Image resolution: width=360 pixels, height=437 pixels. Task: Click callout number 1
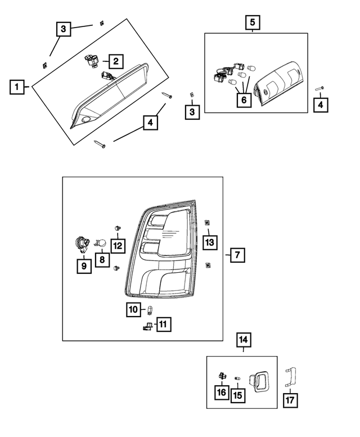coord(18,87)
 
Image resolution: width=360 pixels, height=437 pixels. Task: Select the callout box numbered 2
coord(116,61)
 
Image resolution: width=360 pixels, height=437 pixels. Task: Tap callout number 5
coord(252,22)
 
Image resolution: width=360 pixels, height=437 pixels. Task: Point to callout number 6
coord(244,100)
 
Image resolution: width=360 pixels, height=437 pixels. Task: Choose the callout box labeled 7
coord(237,255)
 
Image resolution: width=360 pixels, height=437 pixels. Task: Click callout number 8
coord(102,260)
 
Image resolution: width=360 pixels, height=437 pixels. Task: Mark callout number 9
coord(84,265)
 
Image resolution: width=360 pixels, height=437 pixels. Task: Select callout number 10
coord(133,309)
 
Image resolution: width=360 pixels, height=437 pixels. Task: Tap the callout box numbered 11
coord(163,325)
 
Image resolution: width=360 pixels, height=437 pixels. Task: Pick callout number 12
coord(118,245)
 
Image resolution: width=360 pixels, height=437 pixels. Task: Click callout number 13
coord(209,242)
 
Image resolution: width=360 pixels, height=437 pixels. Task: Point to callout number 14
coord(244,340)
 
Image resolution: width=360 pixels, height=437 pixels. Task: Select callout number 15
coord(237,395)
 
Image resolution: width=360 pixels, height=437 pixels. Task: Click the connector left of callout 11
coord(147,326)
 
